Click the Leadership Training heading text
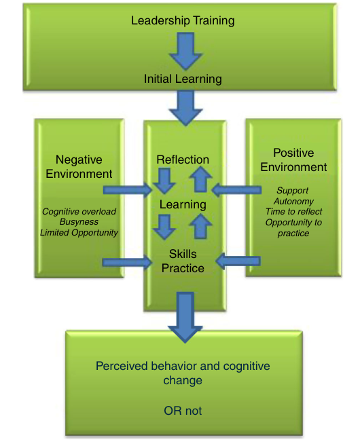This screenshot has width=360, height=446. pos(183,21)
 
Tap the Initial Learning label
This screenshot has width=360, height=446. pos(183,79)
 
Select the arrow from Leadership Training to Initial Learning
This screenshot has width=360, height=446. pos(185,51)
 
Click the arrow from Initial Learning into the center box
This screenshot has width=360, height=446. pos(185,108)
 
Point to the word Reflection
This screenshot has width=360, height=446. pos(183,160)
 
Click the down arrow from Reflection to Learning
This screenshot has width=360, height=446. pos(164,181)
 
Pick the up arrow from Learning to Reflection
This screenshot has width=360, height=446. pos(200,179)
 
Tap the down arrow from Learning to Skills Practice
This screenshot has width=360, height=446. pos(164,227)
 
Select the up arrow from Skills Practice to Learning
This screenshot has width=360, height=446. pos(200,226)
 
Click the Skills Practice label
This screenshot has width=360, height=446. pos(183,261)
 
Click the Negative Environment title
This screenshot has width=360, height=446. pos(79,167)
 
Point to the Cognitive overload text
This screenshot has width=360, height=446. pos(79,211)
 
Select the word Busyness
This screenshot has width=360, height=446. pos(79,221)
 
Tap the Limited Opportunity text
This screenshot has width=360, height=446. pos(79,232)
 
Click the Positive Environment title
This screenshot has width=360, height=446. pos(293,160)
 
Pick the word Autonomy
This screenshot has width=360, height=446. pos(293,201)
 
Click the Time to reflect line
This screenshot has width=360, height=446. pos(293,212)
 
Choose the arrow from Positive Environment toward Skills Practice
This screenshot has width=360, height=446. pos(238,261)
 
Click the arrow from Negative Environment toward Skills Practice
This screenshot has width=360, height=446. pos(127,262)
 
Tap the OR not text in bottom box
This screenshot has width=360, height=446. pos(183,411)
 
